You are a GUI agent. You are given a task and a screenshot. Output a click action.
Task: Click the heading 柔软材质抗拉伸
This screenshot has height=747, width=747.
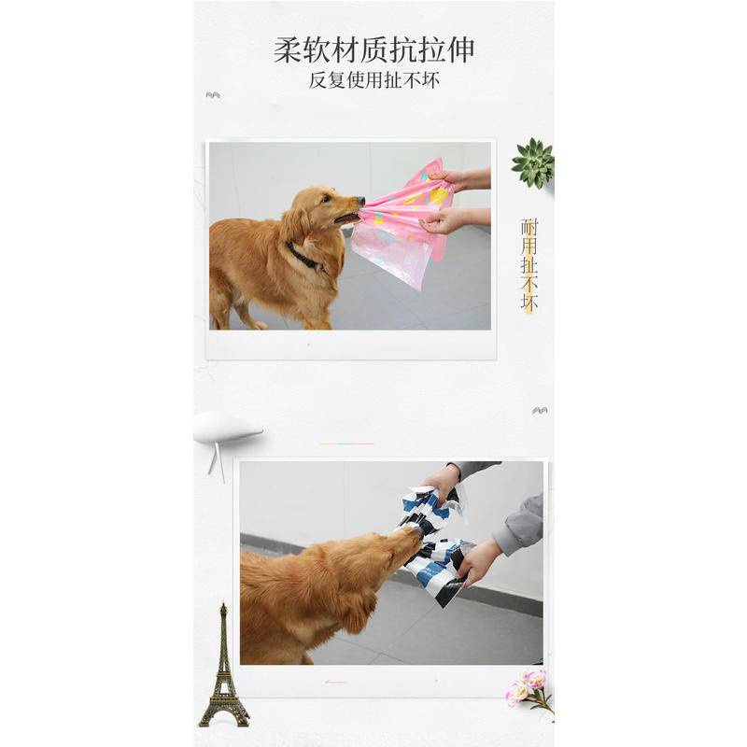pos(374,50)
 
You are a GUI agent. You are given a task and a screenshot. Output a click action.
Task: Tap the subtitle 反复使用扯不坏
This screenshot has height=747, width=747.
pos(374,80)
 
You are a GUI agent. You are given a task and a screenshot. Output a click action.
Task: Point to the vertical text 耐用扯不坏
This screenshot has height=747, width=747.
pos(529,265)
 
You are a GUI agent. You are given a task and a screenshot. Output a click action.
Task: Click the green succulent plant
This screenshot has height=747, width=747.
pos(533,162)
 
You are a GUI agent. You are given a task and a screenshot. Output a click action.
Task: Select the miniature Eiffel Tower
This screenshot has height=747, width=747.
pos(223,672)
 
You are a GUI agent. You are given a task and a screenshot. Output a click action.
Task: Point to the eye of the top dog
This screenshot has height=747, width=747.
pos(325,198)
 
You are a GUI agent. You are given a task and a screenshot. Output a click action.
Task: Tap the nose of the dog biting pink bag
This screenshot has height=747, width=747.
pos(360,201)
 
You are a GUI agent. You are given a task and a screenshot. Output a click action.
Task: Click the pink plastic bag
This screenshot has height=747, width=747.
pos(401,224)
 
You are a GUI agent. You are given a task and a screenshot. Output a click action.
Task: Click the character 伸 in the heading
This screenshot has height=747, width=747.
pos(460,50)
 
